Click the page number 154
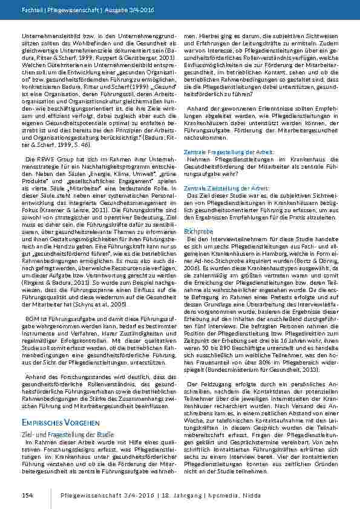pos(26,494)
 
